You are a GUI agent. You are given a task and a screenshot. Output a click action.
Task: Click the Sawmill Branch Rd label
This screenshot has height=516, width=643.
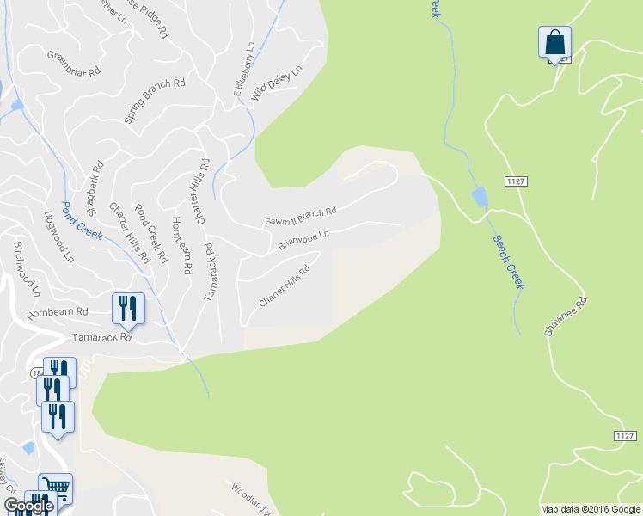[300, 215]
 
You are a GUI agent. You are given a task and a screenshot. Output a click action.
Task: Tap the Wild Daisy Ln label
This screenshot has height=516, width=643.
[277, 86]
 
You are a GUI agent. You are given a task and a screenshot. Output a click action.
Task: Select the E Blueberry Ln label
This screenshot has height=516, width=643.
[241, 68]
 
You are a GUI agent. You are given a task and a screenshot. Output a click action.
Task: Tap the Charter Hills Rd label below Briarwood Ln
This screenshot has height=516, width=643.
[284, 288]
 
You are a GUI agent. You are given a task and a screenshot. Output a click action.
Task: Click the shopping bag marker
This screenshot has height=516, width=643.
[554, 42]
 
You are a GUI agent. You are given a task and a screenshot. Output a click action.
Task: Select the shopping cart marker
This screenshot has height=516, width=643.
[56, 488]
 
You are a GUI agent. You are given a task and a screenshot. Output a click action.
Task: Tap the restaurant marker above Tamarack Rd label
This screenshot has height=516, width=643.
[128, 308]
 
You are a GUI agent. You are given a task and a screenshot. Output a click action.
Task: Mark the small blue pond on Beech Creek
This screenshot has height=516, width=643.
[479, 197]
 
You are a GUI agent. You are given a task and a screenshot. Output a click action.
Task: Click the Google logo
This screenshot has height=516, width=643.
[28, 506]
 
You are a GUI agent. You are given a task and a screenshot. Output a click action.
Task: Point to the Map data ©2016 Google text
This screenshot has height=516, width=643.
[590, 509]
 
